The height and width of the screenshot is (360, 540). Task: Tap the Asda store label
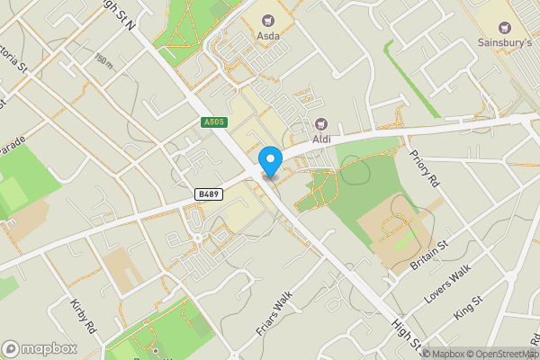(267, 35)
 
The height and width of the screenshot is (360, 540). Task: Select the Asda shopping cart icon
(267, 18)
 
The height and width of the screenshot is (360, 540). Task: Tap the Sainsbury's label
(504, 40)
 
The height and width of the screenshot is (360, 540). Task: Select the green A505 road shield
(214, 121)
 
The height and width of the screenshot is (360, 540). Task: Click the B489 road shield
(208, 193)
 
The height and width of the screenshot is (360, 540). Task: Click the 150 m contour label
(103, 59)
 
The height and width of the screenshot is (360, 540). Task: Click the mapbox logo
(39, 348)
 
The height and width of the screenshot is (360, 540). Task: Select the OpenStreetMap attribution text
(501, 354)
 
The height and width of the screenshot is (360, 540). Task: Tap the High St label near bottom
(406, 332)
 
